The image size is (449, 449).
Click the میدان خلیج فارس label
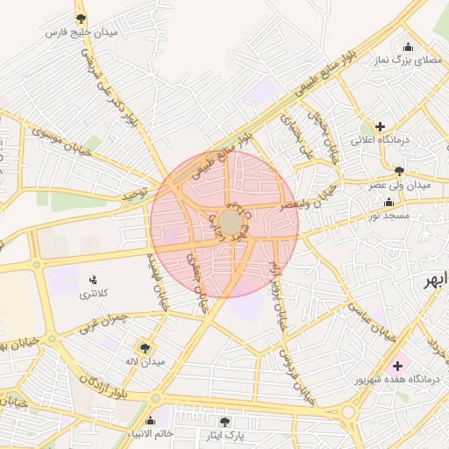click(x=81, y=32)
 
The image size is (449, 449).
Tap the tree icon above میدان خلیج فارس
click(x=81, y=18)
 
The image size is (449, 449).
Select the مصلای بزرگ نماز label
click(x=408, y=61)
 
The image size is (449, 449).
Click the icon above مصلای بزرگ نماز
click(x=408, y=47)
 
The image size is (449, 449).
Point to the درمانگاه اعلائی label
click(x=375, y=140)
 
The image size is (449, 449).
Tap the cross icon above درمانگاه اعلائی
click(x=380, y=126)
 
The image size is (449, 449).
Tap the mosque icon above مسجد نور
click(x=388, y=200)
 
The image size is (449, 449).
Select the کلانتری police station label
click(x=94, y=294)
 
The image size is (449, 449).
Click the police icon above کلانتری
click(x=94, y=280)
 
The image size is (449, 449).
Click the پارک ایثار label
click(x=224, y=435)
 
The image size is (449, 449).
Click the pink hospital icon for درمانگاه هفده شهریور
click(x=397, y=365)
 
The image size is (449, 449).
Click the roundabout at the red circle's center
click(x=231, y=223)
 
